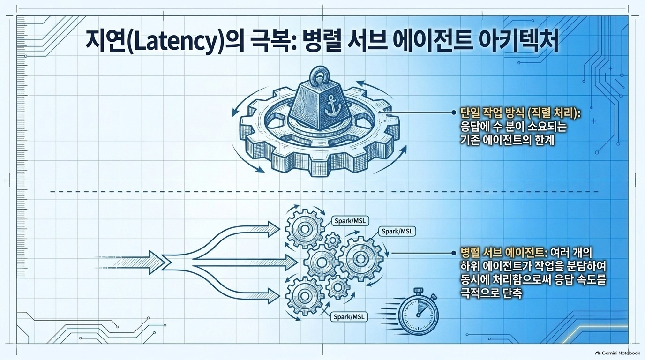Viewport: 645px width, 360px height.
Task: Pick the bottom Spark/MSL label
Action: (x=349, y=317)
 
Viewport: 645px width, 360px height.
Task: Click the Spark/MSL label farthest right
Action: (x=397, y=231)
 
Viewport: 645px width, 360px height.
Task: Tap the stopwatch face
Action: (x=419, y=315)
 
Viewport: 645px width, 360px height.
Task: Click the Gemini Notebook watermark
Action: (x=618, y=353)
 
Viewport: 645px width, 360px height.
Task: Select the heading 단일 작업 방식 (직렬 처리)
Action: (x=519, y=113)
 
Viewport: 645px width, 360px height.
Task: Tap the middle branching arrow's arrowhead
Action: (x=291, y=262)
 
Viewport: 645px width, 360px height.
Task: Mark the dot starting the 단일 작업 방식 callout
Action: (x=454, y=112)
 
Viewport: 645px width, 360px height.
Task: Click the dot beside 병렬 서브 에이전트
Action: (x=454, y=253)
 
